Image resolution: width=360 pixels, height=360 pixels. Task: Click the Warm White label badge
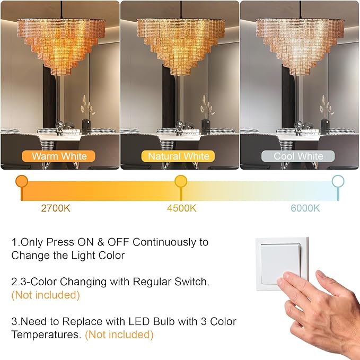59,156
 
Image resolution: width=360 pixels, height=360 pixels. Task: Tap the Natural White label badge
179,156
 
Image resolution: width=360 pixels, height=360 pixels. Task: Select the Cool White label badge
298,156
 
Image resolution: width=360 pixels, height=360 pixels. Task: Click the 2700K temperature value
56,208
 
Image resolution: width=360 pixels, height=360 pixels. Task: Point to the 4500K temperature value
181,208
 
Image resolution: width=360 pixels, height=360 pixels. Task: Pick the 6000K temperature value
305,208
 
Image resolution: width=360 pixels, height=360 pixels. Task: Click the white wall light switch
280,261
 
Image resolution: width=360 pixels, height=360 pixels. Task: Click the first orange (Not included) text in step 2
46,295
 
